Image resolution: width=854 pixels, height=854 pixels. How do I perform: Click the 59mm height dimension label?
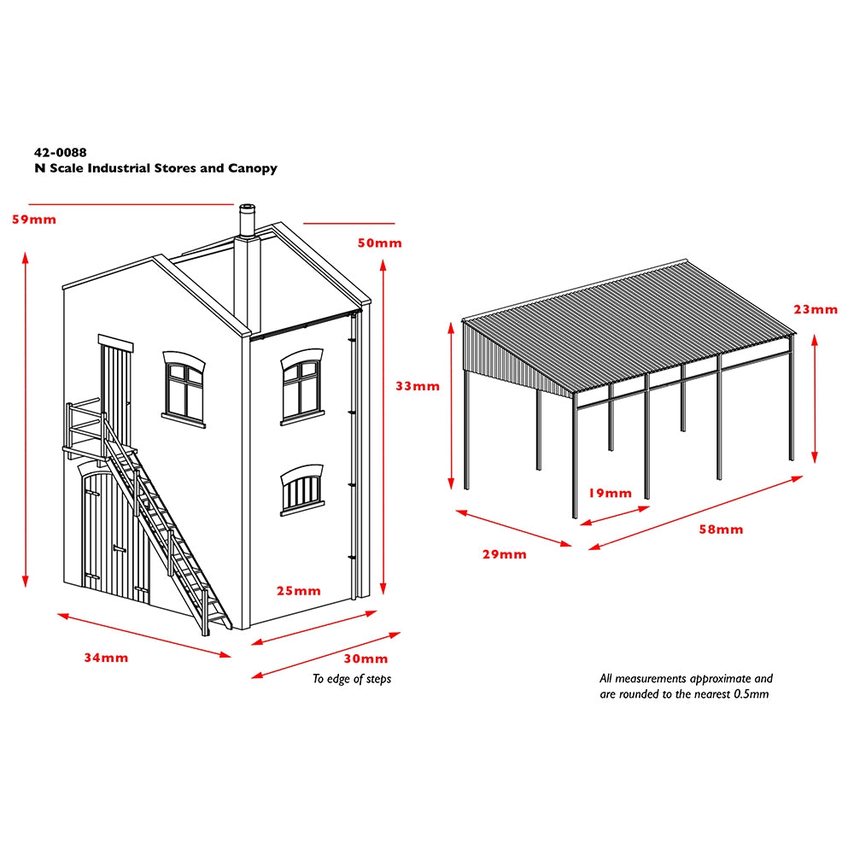tap(34, 219)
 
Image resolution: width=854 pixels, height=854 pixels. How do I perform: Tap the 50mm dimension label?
tap(380, 243)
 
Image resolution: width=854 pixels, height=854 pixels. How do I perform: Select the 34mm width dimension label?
tap(106, 658)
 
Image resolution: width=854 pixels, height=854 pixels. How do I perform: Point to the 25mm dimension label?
tap(298, 590)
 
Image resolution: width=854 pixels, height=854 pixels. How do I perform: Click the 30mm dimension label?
tap(366, 658)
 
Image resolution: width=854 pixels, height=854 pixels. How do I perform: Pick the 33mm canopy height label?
tap(418, 386)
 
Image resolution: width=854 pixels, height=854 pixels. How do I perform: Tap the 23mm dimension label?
tap(816, 309)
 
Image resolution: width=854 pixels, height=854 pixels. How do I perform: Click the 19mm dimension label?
tap(610, 493)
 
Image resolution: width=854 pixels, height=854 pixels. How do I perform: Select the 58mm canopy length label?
tap(721, 529)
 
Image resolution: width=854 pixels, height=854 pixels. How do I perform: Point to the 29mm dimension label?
tap(505, 554)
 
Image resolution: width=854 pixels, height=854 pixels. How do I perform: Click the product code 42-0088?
tap(61, 153)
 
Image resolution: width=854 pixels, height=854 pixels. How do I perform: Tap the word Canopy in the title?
tap(253, 168)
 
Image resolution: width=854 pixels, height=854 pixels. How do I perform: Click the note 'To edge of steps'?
tap(352, 679)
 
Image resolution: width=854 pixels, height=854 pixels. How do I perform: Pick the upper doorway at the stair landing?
tap(115, 393)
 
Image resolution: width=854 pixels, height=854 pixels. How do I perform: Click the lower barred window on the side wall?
tap(301, 489)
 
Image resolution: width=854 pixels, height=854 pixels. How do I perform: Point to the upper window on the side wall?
tap(301, 387)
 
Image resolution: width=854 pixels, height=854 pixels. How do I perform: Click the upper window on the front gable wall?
tap(184, 389)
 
